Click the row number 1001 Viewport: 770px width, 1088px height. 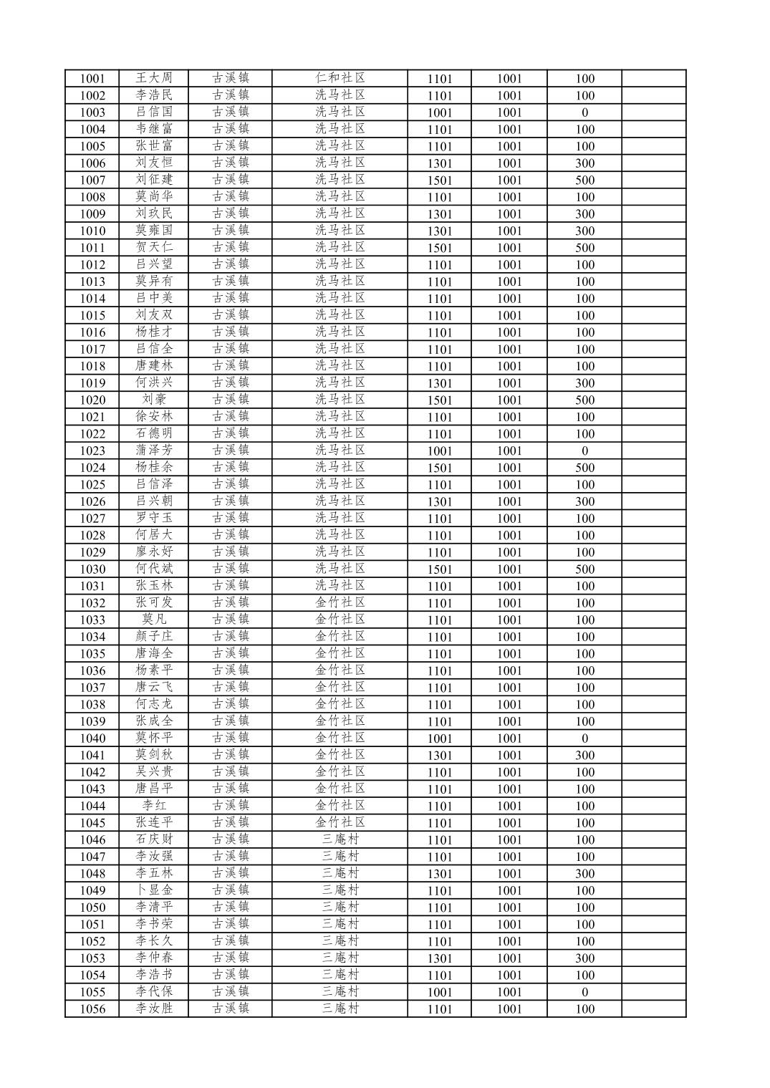pyautogui.click(x=92, y=79)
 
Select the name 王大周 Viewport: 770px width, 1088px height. pyautogui.click(x=154, y=78)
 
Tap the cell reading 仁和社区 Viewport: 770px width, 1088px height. pyautogui.click(x=340, y=78)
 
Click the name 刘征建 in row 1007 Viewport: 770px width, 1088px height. pyautogui.click(x=154, y=180)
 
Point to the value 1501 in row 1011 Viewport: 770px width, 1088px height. pyautogui.click(x=440, y=248)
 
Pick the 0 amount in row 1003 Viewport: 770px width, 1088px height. pyautogui.click(x=584, y=112)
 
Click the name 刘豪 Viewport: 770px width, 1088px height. pyautogui.click(x=154, y=400)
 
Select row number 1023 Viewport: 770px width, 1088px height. pyautogui.click(x=92, y=451)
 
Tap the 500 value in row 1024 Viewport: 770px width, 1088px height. pyautogui.click(x=584, y=468)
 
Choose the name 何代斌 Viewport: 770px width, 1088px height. pyautogui.click(x=154, y=569)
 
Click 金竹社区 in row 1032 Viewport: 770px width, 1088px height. pyautogui.click(x=340, y=602)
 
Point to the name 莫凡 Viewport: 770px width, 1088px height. pyautogui.click(x=154, y=620)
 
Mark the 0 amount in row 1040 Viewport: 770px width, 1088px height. pyautogui.click(x=584, y=738)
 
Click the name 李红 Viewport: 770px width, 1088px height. pyautogui.click(x=154, y=806)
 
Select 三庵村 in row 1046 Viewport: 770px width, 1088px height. pyautogui.click(x=340, y=839)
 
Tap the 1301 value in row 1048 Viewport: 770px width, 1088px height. pyautogui.click(x=440, y=874)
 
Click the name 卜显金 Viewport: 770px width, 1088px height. pyautogui.click(x=154, y=890)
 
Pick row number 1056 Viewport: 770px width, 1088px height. pyautogui.click(x=92, y=1009)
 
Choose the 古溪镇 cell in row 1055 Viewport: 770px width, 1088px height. pyautogui.click(x=231, y=992)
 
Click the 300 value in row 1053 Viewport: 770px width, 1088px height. pyautogui.click(x=584, y=958)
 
